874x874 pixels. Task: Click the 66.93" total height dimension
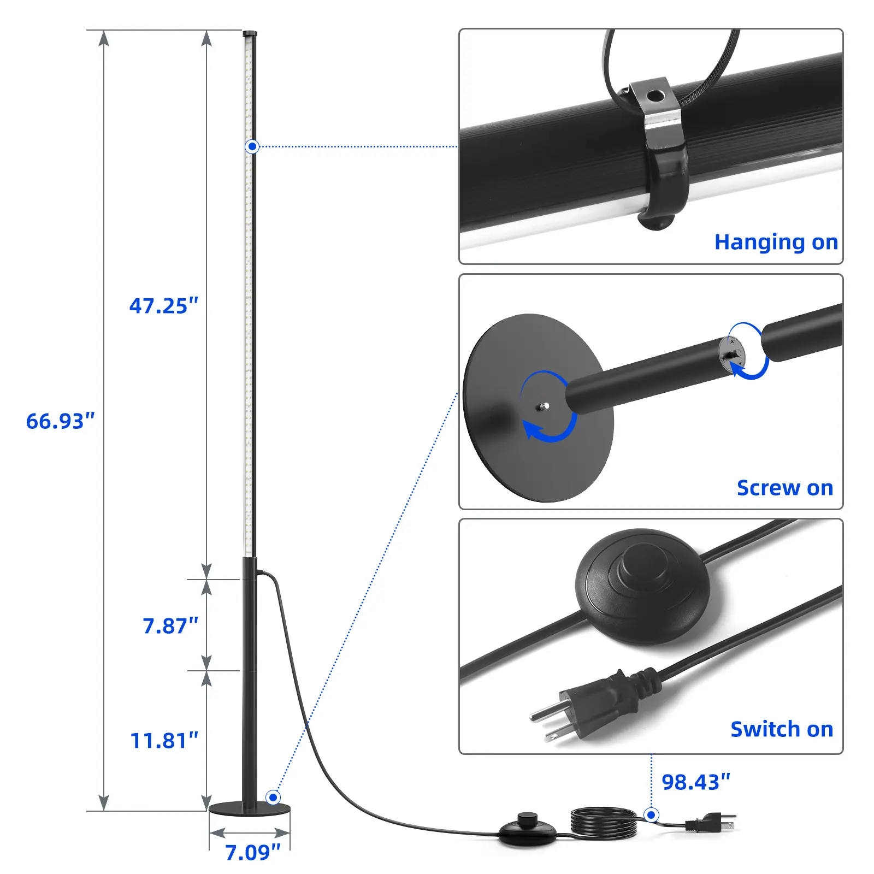coord(61,421)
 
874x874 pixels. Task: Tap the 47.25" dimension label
coord(164,306)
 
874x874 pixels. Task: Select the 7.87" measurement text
coord(170,626)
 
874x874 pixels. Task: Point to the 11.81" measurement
coord(164,741)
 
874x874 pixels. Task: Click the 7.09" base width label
coord(253,852)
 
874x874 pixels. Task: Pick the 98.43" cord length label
coord(696,782)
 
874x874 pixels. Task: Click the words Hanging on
coord(776,242)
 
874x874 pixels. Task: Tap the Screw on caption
coord(785,488)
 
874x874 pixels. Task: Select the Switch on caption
coord(782,729)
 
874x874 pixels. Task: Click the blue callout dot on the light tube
coord(252,146)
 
